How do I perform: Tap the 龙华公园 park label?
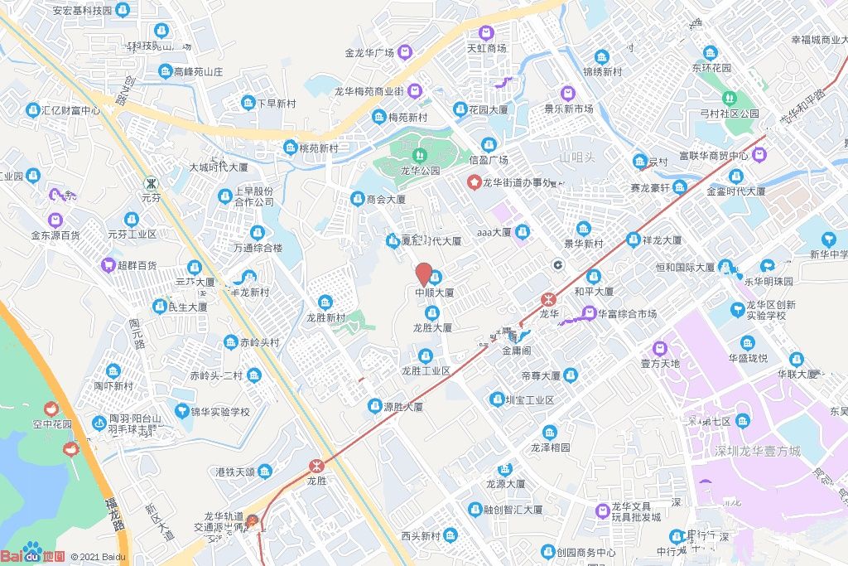click(x=420, y=171)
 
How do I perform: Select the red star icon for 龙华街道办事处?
click(x=475, y=182)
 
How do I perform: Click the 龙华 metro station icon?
click(x=547, y=299)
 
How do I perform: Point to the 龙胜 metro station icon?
click(x=316, y=466)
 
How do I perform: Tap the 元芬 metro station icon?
click(x=150, y=182)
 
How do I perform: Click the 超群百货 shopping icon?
click(x=108, y=265)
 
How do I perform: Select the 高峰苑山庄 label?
click(x=199, y=72)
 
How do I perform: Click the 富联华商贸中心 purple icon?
click(x=759, y=154)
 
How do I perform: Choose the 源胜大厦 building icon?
click(x=374, y=407)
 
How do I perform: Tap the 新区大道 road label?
click(x=157, y=522)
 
